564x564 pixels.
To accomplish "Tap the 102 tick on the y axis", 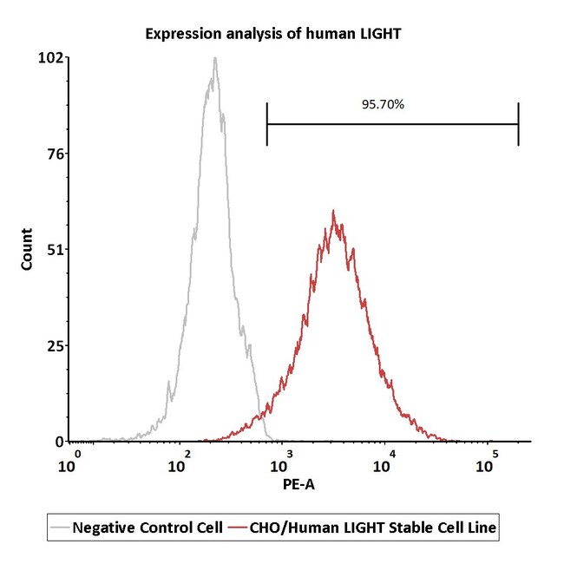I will [50, 58].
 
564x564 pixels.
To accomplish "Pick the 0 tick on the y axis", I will [58, 442].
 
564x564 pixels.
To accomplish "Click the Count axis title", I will [27, 249].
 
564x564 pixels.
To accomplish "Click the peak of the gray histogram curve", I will [214, 59].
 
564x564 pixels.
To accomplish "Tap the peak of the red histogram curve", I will [333, 211].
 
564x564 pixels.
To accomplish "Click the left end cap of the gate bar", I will [267, 123].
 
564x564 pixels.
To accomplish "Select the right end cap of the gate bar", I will [518, 123].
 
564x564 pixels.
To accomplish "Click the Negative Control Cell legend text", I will [148, 527].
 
